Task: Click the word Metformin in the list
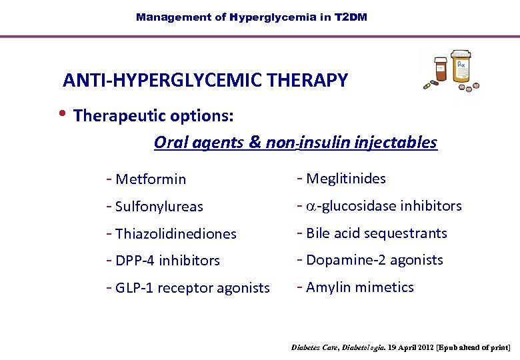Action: pyautogui.click(x=151, y=179)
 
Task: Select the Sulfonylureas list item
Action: pyautogui.click(x=159, y=207)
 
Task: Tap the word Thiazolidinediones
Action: pyautogui.click(x=176, y=234)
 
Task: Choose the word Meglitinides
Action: pyautogui.click(x=345, y=179)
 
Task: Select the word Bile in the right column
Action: pyautogui.click(x=318, y=233)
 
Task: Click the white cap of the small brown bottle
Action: pyautogui.click(x=441, y=61)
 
